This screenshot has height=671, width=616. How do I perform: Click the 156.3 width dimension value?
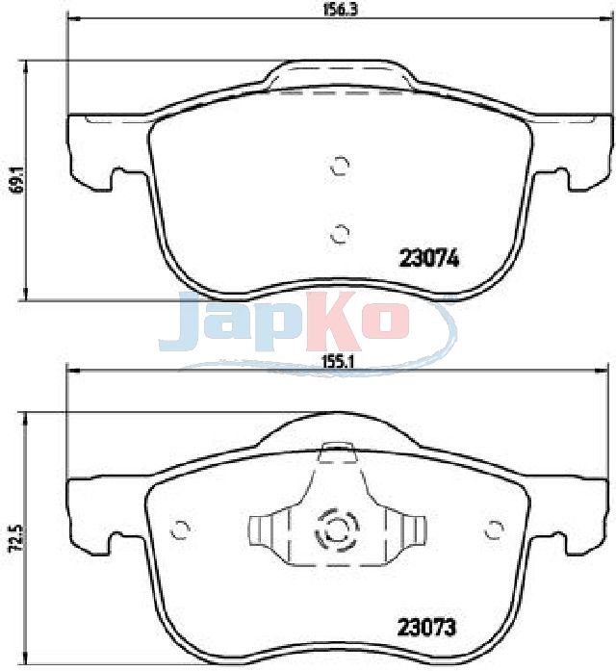339,10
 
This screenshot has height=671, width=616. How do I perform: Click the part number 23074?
428,259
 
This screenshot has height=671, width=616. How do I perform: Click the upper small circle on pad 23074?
341,166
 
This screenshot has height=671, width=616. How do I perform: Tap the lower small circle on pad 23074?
341,233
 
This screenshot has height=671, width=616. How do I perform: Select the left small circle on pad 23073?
180,530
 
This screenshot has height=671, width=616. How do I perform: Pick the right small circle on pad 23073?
495,530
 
